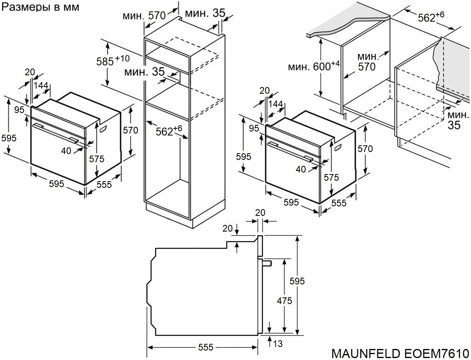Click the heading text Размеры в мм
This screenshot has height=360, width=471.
click(41, 7)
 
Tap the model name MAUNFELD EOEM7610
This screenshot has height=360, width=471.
click(400, 352)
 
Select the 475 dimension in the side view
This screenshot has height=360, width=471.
click(284, 301)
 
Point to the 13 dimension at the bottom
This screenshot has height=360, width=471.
click(278, 344)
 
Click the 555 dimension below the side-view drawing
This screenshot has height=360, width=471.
click(206, 347)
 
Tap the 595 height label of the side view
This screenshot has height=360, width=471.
click(297, 281)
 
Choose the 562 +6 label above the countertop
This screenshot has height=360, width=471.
click(431, 17)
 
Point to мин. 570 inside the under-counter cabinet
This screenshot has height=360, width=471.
click(367, 62)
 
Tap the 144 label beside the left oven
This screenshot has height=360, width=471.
click(41, 85)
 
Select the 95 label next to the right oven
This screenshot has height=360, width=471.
click(254, 128)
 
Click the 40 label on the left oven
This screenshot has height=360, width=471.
click(66, 150)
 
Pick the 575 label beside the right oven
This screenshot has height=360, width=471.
click(331, 178)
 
